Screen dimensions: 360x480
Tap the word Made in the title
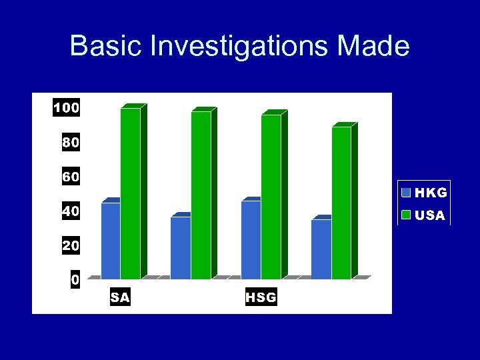pyautogui.click(x=373, y=46)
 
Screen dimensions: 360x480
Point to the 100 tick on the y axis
pyautogui.click(x=66, y=108)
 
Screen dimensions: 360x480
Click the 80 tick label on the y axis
pyautogui.click(x=70, y=143)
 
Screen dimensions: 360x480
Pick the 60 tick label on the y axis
pyautogui.click(x=70, y=177)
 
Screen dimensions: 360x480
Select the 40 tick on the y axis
pyautogui.click(x=70, y=211)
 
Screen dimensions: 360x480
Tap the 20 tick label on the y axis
pyautogui.click(x=70, y=246)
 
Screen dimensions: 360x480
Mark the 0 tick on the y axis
pyautogui.click(x=75, y=280)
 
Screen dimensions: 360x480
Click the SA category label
pyautogui.click(x=120, y=298)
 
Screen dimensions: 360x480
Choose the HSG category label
pyautogui.click(x=261, y=298)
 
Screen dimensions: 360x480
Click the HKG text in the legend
pyautogui.click(x=431, y=193)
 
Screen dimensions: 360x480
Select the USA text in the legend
pyautogui.click(x=431, y=215)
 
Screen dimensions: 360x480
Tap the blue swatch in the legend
pyautogui.click(x=406, y=193)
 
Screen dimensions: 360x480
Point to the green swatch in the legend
pyautogui.click(x=406, y=215)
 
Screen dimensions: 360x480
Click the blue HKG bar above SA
pyautogui.click(x=111, y=241)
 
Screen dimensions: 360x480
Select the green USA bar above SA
pyautogui.click(x=131, y=193)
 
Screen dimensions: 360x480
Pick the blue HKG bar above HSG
pyautogui.click(x=251, y=240)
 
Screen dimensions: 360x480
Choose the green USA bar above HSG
pyautogui.click(x=271, y=197)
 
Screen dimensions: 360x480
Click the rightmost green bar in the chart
pyautogui.click(x=341, y=203)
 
